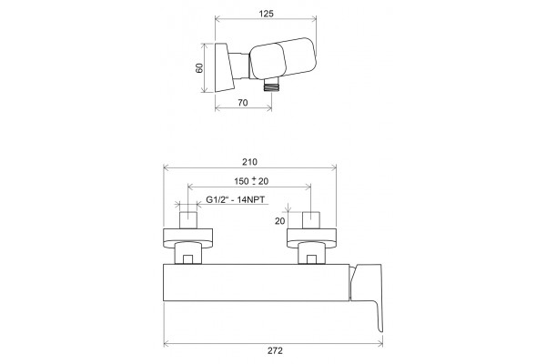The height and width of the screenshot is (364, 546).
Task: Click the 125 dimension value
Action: [x=267, y=14]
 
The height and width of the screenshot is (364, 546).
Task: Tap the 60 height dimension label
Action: [x=199, y=68]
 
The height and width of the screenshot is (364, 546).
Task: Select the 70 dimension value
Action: [x=243, y=103]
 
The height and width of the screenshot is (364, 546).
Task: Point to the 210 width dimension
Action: [x=249, y=162]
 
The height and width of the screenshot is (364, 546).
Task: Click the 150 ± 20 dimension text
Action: [x=251, y=181]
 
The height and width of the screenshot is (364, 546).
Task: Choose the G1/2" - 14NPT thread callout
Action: [x=236, y=199]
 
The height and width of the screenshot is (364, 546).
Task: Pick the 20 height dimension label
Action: [x=279, y=221]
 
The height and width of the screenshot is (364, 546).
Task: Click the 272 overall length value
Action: [x=275, y=350]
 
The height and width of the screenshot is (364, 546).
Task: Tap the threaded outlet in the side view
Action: [x=272, y=85]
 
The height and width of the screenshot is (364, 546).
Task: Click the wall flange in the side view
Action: [x=224, y=68]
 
